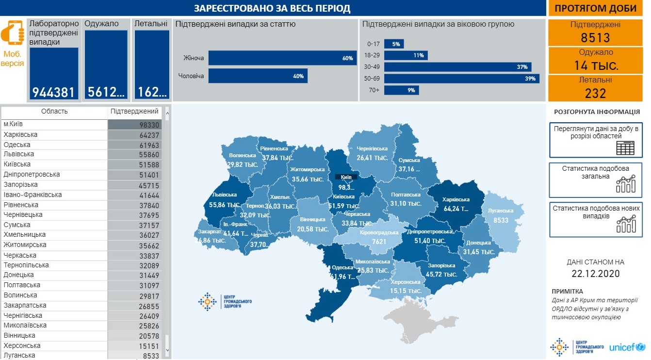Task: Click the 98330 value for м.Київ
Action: coord(149,125)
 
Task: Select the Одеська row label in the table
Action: coord(17,145)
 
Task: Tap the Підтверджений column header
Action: coord(134,112)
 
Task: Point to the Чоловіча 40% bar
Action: coord(258,76)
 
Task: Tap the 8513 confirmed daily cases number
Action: coord(595,38)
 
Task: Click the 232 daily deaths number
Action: coord(595,93)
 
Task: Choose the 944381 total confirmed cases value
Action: coord(54,92)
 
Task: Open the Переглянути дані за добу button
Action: coord(595,140)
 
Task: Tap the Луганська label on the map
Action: coord(501,211)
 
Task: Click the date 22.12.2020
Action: coord(595,274)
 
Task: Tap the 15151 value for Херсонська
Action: coord(149,346)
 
